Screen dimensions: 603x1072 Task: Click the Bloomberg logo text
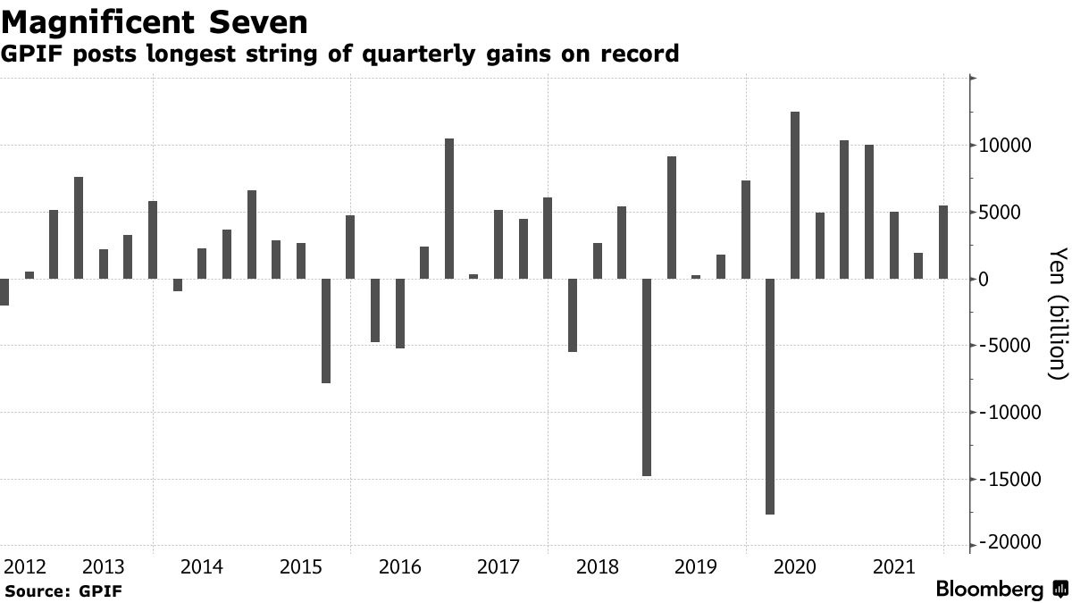tap(990, 590)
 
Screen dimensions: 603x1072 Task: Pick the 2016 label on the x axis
tap(399, 566)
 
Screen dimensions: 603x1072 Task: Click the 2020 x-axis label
tap(794, 566)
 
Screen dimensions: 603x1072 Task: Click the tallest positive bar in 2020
tap(795, 195)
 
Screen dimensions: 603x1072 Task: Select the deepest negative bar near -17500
tap(770, 397)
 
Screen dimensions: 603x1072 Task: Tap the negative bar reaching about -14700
tap(647, 377)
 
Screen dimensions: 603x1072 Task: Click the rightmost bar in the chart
tap(943, 242)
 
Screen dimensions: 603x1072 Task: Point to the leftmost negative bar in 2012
tap(4, 292)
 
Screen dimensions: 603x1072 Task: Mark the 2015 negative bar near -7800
tap(325, 331)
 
